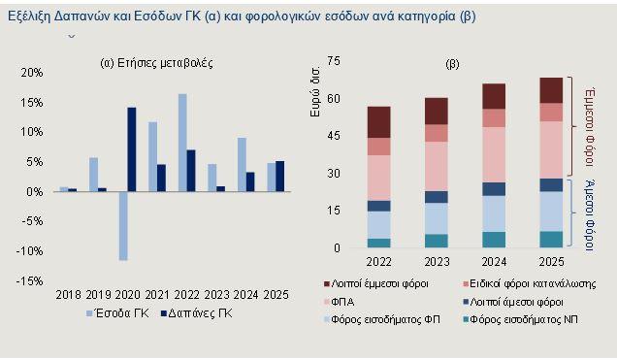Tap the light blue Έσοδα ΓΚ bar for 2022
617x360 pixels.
[x=182, y=142]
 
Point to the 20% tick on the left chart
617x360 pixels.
[x=31, y=73]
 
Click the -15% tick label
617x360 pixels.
[x=30, y=281]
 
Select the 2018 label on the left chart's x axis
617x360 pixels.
[x=68, y=294]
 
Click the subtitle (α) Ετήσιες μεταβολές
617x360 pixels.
[x=157, y=63]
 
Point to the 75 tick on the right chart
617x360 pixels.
[x=336, y=62]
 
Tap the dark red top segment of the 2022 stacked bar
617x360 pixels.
[x=379, y=121]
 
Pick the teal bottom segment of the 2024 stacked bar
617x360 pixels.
[x=494, y=239]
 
